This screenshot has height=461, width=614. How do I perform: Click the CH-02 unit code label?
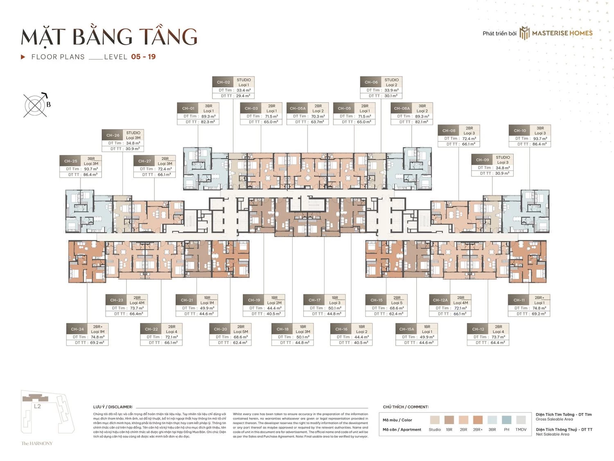click(223, 82)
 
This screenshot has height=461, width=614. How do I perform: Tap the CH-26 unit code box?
click(113, 135)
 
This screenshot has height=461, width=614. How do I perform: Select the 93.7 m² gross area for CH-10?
click(540, 139)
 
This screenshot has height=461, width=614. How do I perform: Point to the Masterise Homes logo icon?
click(524, 33)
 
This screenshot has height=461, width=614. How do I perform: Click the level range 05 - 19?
click(143, 57)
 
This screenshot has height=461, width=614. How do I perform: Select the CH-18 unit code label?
click(282, 329)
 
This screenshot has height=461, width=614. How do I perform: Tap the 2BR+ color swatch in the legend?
click(478, 420)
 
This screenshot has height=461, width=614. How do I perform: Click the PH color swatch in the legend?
click(506, 420)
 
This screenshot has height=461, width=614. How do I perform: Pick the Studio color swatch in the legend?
click(435, 420)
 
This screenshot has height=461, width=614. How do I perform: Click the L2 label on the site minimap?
click(37, 406)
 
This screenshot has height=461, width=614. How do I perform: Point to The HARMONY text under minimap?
click(37, 443)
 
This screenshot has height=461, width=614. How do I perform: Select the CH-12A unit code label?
click(440, 300)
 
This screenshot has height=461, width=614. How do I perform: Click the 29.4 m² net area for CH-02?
click(243, 96)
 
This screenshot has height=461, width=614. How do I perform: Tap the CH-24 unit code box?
click(77, 329)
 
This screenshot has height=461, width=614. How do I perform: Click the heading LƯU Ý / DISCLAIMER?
click(113, 407)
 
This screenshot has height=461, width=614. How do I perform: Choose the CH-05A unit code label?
click(298, 109)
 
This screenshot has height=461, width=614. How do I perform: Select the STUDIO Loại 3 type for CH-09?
click(503, 160)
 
